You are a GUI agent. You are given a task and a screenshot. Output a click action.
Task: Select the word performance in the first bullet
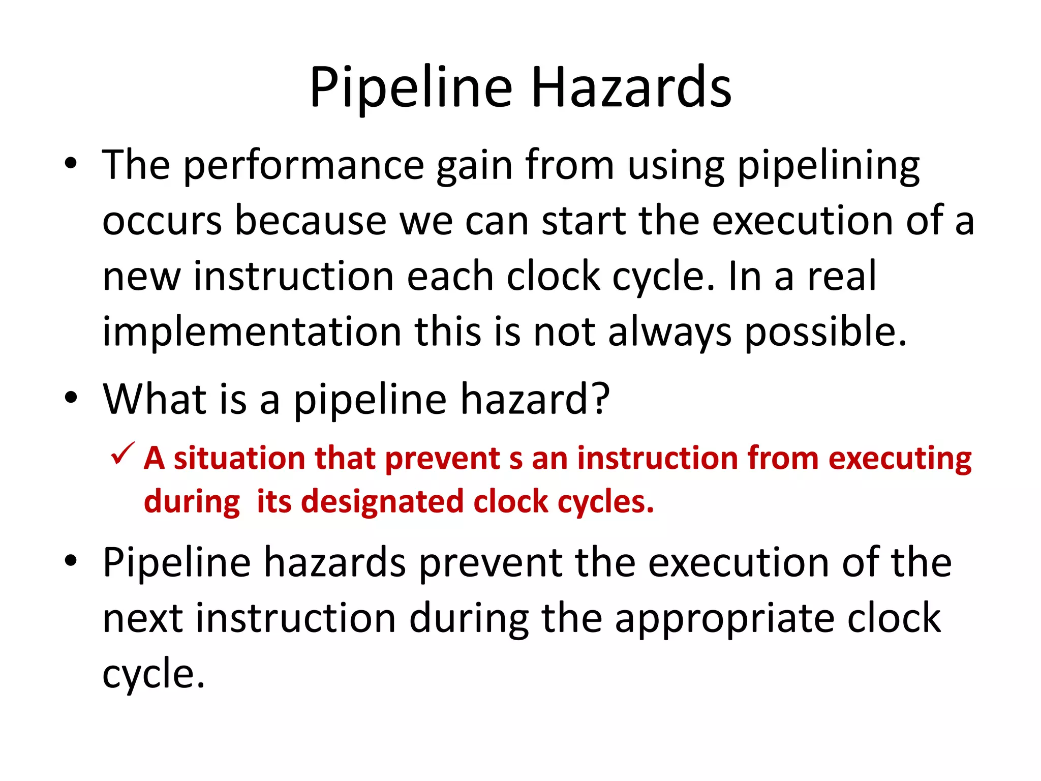[303, 166]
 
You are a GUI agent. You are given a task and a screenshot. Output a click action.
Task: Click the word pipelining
[828, 166]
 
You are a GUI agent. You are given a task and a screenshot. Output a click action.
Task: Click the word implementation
[252, 332]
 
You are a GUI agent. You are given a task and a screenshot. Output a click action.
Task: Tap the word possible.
[825, 332]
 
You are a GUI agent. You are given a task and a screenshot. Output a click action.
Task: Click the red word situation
[238, 458]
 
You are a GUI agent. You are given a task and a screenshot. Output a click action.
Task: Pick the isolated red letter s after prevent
[515, 459]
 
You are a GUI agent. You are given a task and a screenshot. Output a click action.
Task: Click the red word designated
[384, 502]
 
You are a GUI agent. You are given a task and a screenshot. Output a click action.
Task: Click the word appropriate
[724, 618]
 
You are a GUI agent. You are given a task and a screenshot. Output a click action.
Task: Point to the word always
[669, 332]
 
